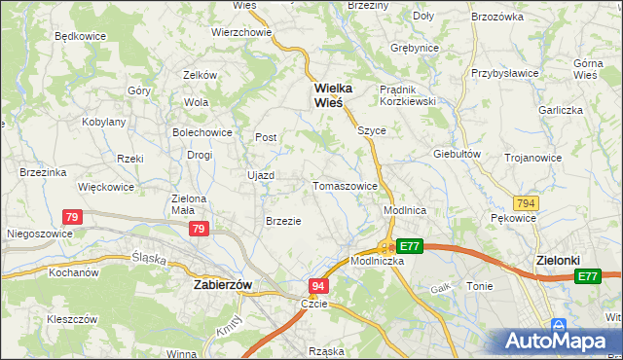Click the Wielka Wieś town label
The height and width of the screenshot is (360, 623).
tap(332, 95)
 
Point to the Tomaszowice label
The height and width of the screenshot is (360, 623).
tap(345, 186)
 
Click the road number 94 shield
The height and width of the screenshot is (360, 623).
tap(318, 286)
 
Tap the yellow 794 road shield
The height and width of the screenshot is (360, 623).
tap(528, 203)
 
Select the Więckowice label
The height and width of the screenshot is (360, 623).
tap(106, 186)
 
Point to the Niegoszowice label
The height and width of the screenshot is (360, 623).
tap(38, 234)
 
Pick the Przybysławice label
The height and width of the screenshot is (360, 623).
tap(505, 72)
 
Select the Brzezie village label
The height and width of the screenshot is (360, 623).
tap(283, 221)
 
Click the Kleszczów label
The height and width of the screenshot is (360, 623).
tap(72, 318)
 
